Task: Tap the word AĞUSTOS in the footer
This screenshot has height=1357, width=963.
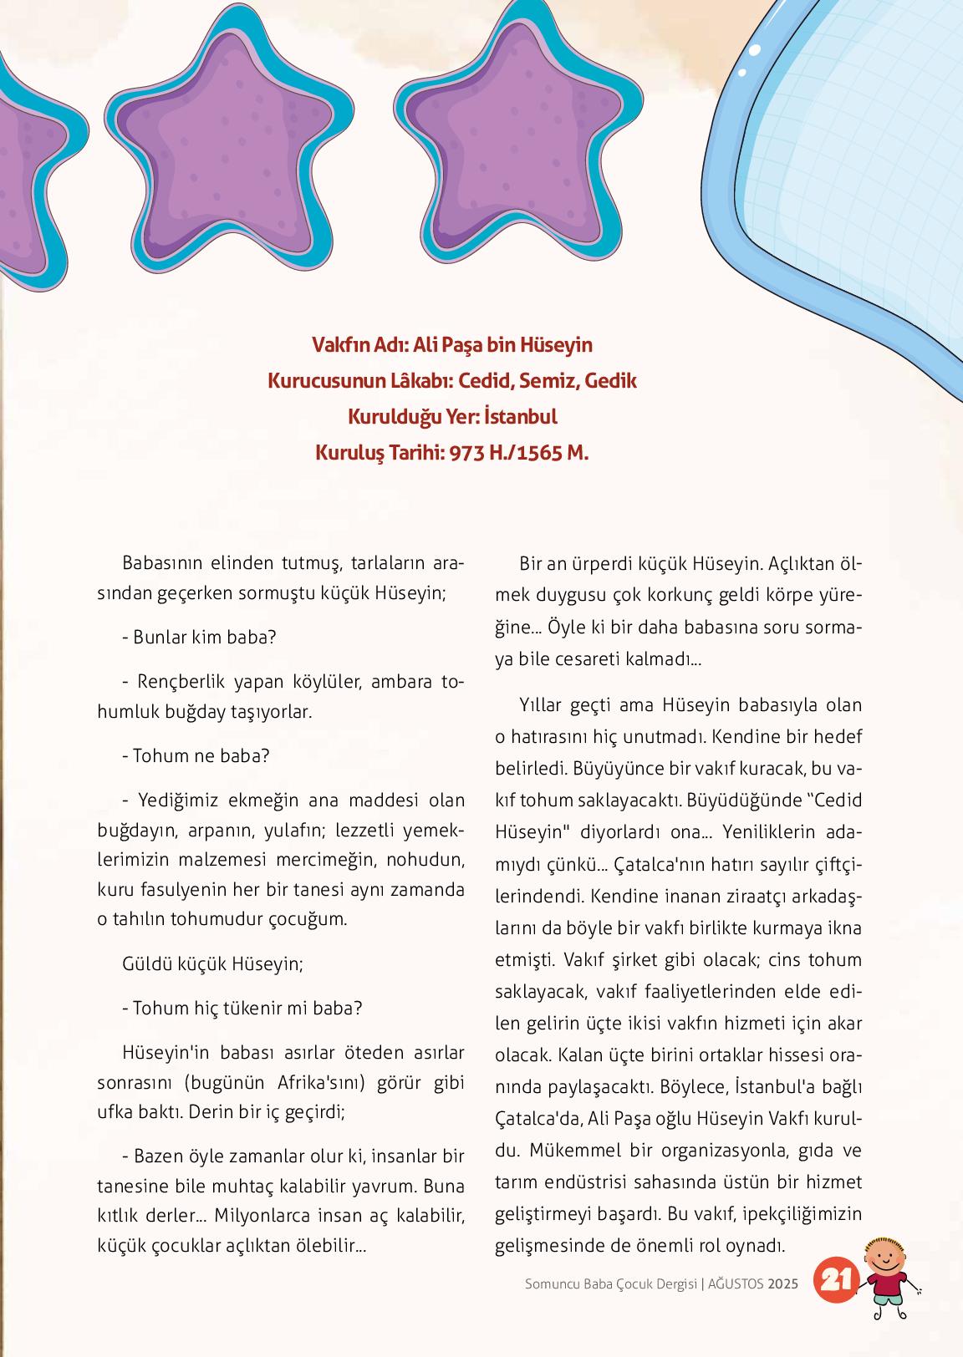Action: pyautogui.click(x=735, y=1284)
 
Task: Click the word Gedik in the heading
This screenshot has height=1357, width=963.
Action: pyautogui.click(x=611, y=381)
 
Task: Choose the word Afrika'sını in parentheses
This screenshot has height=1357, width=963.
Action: pyautogui.click(x=319, y=1083)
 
